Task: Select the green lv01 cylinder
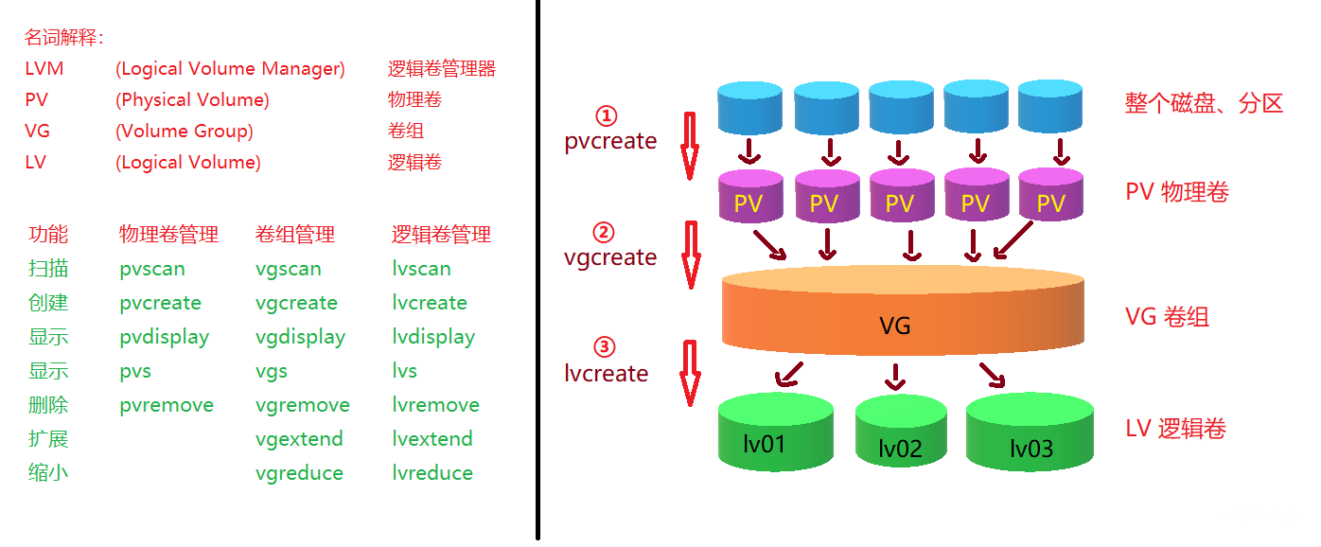coord(775,433)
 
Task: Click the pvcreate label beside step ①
coord(610,141)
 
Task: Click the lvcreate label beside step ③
coord(607,373)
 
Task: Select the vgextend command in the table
coord(299,439)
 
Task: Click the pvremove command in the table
coord(167,405)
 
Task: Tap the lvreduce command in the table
coord(432,473)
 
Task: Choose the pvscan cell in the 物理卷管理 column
coord(152,269)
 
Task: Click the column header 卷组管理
coord(295,235)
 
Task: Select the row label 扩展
coord(48,439)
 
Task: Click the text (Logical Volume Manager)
coord(230,69)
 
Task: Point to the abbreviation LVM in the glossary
coord(44,69)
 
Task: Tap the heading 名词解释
coord(63,38)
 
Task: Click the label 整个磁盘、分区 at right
coord(1204,103)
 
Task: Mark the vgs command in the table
coord(272,371)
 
